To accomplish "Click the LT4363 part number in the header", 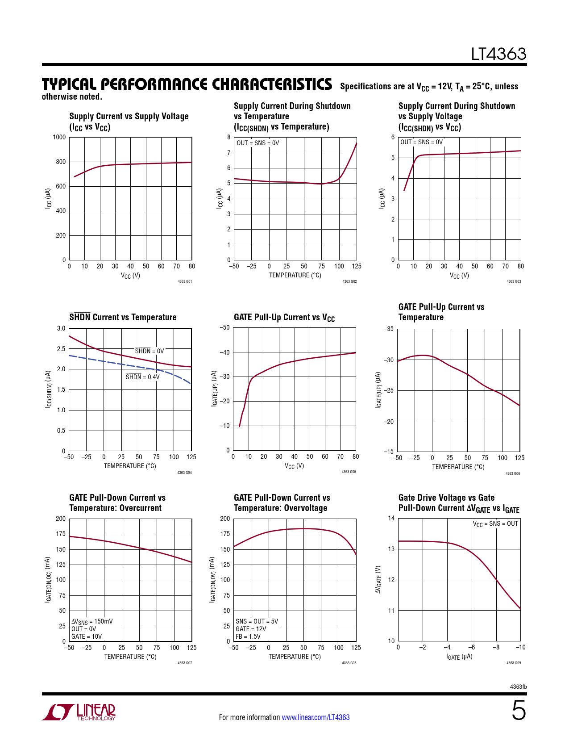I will tap(498, 54).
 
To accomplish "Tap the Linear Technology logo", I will tap(79, 712).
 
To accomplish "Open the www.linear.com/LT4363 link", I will tap(316, 717).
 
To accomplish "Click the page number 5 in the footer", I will tap(518, 711).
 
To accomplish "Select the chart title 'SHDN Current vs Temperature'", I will tap(123, 317).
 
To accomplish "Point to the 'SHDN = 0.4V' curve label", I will tap(142, 377).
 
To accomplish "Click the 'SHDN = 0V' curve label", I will tap(149, 351).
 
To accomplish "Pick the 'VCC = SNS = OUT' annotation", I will tap(495, 523).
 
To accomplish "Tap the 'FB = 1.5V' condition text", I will tap(248, 636).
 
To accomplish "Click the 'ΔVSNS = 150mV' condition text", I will tap(92, 621).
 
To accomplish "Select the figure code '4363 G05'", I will tap(349, 472).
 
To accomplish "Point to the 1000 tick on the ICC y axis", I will tap(59, 137).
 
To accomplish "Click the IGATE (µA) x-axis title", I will tap(459, 657).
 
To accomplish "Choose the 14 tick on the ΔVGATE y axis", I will tap(391, 518).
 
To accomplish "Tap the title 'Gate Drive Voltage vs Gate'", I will tap(446, 498).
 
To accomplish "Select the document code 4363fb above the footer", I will tap(518, 687).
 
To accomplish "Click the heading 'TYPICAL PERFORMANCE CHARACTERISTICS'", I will tap(187, 84).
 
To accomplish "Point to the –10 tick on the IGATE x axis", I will tap(520, 647).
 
